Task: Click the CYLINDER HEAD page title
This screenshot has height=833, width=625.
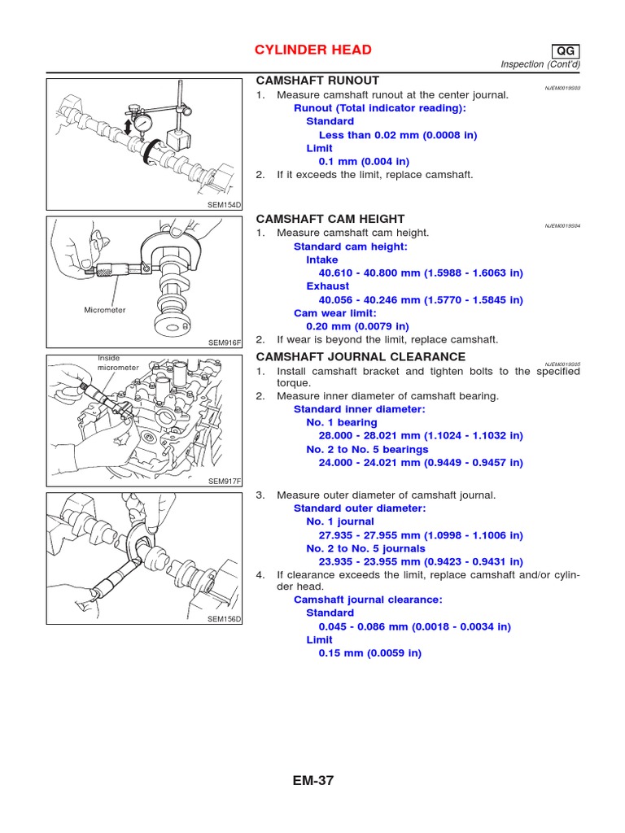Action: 314,50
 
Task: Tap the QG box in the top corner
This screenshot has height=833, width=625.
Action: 565,50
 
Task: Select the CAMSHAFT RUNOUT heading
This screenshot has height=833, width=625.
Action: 317,81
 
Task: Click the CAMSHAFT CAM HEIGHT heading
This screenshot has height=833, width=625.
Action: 330,220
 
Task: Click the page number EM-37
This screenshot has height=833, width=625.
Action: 313,781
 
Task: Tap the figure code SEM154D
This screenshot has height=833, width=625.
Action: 225,205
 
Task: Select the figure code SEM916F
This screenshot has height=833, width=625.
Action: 225,343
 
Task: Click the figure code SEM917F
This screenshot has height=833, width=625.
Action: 225,482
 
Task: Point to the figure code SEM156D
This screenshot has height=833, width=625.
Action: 225,620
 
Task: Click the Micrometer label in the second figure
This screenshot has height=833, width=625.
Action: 105,310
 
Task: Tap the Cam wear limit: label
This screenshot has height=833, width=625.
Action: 334,313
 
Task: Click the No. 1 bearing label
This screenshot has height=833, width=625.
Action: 342,423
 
